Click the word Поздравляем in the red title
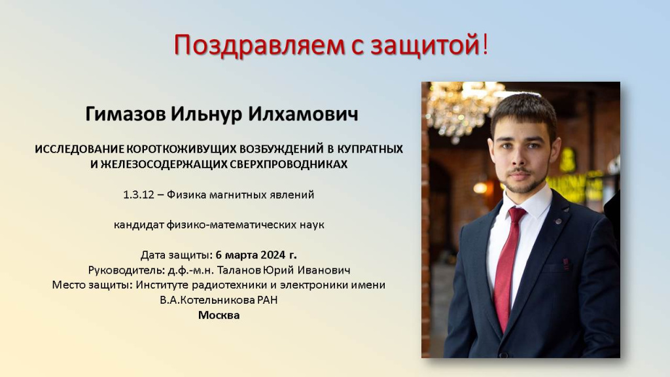pos(259,45)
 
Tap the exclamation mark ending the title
pos(485,44)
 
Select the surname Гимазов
pos(126,114)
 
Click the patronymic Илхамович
pos(303,114)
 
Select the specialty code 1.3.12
pos(139,195)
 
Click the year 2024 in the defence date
pos(273,255)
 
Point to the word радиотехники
pos(230,285)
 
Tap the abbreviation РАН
pos(267,300)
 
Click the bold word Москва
pos(219,315)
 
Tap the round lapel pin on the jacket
pos(558,221)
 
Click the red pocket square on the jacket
pos(566,264)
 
